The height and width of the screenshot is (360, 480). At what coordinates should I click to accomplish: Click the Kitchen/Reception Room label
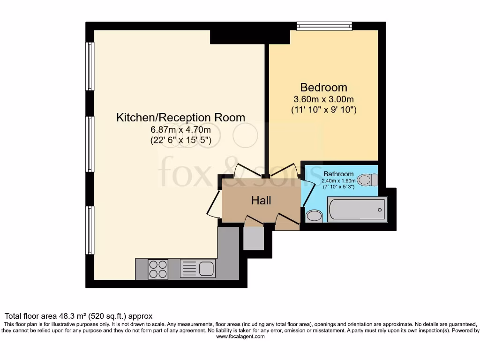(x=180, y=117)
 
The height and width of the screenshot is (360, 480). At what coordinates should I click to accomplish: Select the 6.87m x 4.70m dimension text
(x=180, y=129)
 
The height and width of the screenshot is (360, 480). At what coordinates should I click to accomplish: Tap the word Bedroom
(x=323, y=87)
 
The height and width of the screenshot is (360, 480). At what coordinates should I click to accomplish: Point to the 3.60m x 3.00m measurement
(x=323, y=99)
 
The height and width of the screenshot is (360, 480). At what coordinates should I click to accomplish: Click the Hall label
(x=261, y=201)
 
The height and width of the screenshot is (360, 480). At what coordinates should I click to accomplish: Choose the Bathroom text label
(x=338, y=174)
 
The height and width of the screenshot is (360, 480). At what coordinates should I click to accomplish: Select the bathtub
(x=357, y=209)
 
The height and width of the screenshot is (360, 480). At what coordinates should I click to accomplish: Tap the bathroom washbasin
(x=314, y=216)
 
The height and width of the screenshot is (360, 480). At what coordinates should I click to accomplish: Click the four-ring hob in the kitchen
(x=158, y=269)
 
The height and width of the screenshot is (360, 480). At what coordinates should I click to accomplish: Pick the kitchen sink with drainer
(x=198, y=269)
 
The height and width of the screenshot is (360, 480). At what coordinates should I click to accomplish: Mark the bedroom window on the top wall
(x=324, y=26)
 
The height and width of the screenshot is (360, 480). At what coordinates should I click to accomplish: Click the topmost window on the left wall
(x=90, y=66)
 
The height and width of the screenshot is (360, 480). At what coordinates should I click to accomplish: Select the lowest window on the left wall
(x=90, y=230)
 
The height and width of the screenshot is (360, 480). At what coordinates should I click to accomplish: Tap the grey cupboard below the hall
(x=254, y=238)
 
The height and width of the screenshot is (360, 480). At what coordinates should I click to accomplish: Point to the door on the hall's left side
(x=213, y=203)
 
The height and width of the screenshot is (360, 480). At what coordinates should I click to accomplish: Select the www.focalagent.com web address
(x=240, y=337)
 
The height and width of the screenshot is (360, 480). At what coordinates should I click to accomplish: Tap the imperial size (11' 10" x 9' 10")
(x=323, y=110)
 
